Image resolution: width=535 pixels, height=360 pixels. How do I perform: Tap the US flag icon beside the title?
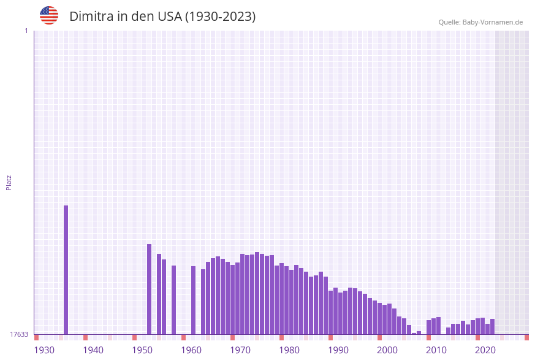(x=49, y=15)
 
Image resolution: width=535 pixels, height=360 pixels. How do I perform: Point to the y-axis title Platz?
(x=9, y=182)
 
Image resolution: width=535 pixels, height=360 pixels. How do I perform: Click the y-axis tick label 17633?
(x=19, y=334)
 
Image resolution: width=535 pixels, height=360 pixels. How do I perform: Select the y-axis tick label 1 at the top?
(x=26, y=31)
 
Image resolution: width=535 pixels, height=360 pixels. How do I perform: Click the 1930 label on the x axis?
(x=44, y=350)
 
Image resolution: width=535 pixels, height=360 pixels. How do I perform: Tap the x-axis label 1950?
(x=142, y=350)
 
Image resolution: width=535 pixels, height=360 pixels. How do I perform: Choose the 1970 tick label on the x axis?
(x=240, y=350)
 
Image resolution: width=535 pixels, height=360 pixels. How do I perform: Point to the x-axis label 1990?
(x=338, y=350)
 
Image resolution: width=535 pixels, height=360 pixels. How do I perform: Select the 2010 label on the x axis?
(x=436, y=350)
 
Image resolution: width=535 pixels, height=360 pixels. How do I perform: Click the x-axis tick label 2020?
(x=485, y=350)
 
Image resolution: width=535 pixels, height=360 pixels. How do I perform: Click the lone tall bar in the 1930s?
(x=66, y=270)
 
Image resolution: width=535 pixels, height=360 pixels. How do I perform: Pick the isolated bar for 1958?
(x=174, y=300)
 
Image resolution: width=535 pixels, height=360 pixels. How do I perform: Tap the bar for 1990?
(x=331, y=312)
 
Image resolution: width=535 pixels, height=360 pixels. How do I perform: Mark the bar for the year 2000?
(x=380, y=319)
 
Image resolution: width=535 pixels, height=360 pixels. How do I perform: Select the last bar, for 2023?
(x=493, y=327)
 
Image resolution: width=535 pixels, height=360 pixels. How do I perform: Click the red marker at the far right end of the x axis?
(x=526, y=337)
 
